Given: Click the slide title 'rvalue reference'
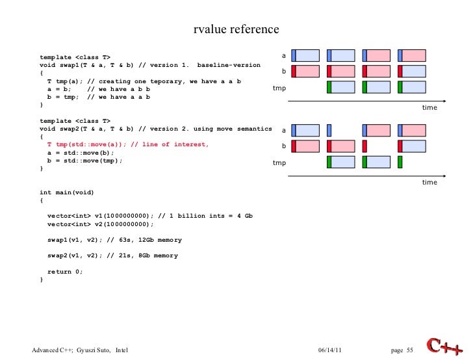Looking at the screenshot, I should coord(236,30).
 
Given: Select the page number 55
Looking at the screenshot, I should coord(409,351).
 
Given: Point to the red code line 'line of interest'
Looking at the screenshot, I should coord(128,144).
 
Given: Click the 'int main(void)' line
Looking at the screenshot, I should coord(67,193).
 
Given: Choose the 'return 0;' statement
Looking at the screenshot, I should coord(66,271).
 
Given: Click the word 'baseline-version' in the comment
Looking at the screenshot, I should coord(229,66).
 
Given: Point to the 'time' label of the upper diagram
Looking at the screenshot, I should coord(429,108).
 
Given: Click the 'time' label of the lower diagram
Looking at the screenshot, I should coord(429,183).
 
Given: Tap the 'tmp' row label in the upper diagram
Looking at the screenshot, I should coord(279,88).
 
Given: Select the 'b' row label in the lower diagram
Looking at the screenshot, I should coord(283,146).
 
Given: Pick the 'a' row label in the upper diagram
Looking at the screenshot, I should coord(283,55).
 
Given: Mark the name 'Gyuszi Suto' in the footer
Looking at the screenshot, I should coord(93,351).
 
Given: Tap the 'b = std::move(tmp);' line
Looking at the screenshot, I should coord(84,161).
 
